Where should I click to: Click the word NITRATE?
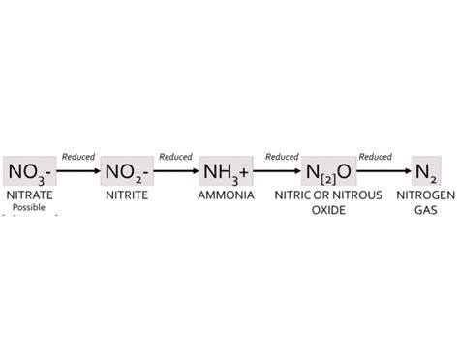click(x=29, y=195)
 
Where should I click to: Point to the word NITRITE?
click(x=127, y=195)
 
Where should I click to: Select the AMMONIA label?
click(x=226, y=195)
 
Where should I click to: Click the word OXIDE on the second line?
click(x=328, y=208)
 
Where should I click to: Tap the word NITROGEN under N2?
click(x=426, y=195)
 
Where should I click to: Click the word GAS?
click(x=426, y=208)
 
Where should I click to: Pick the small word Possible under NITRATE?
click(x=30, y=207)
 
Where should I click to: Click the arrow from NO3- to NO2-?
click(x=78, y=172)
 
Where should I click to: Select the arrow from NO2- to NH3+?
click(x=176, y=172)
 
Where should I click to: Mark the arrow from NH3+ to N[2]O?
click(x=278, y=172)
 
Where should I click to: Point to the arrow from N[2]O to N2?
click(x=379, y=172)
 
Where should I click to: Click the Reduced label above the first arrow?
click(x=77, y=157)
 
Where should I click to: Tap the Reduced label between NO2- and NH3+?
click(x=175, y=157)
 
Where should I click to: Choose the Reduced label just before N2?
click(x=375, y=157)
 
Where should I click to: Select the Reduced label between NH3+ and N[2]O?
click(x=282, y=157)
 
